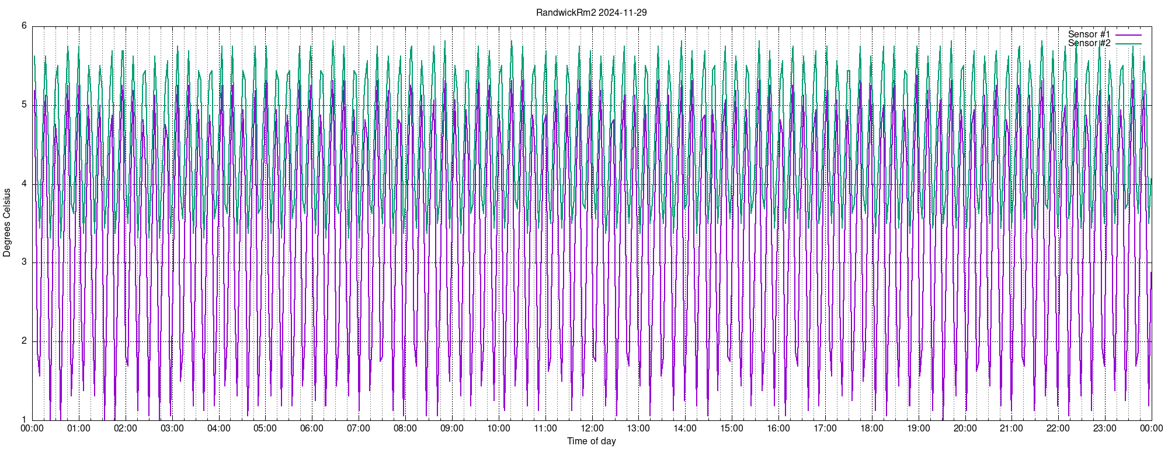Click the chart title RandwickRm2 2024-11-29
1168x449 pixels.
point(591,12)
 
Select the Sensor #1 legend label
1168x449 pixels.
point(1089,34)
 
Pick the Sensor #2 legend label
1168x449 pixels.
point(1089,43)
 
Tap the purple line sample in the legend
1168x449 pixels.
point(1128,35)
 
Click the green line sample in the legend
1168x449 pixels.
point(1128,44)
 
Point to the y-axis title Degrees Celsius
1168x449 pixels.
point(7,223)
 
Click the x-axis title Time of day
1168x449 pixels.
point(591,441)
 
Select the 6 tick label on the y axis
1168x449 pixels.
point(24,26)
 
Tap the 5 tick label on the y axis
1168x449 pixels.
point(24,105)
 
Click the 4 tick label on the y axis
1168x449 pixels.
point(24,184)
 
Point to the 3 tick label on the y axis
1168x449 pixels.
point(24,262)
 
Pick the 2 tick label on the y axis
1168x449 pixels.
point(24,341)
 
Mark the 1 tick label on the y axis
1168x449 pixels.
point(24,420)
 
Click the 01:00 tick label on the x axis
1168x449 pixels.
point(79,429)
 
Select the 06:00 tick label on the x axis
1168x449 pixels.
point(312,429)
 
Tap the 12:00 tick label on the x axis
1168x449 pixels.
point(592,429)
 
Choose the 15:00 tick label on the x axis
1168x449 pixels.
point(732,429)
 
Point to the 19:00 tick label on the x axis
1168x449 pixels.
point(919,429)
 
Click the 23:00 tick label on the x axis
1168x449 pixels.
point(1105,429)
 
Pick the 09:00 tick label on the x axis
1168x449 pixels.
point(452,429)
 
